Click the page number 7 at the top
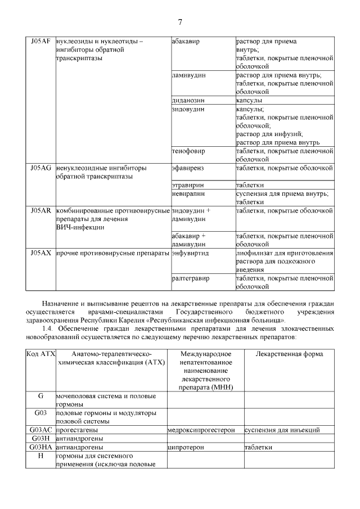[180, 22]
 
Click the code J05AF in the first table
[40, 42]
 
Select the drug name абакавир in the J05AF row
[186, 42]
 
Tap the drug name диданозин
[188, 100]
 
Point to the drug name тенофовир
[188, 151]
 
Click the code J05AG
[40, 168]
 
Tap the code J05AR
[40, 210]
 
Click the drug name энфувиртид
[190, 253]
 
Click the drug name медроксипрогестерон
[205, 430]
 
